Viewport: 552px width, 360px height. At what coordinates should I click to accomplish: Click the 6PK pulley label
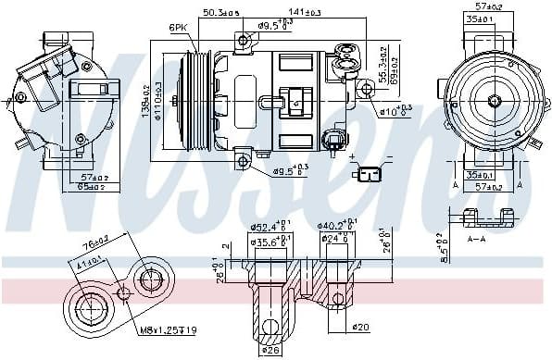coord(179,28)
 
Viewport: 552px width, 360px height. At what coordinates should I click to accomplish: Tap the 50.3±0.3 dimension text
coord(220,12)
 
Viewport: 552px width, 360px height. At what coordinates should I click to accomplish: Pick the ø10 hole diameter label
coord(394,112)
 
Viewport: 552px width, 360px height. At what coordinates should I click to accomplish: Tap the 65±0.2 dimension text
coord(91,187)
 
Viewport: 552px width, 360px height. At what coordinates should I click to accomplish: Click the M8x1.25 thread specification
coord(165,330)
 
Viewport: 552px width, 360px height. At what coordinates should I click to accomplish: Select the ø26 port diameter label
coord(270,350)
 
